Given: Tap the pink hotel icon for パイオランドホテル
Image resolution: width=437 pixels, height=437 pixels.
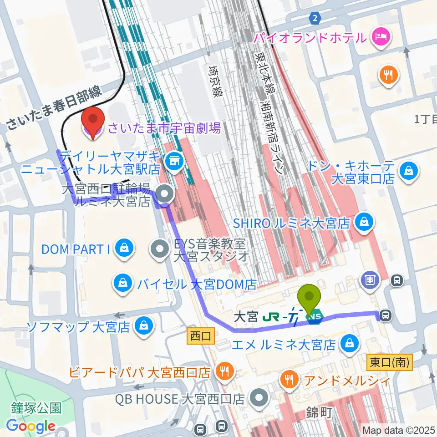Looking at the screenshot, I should click(x=381, y=37).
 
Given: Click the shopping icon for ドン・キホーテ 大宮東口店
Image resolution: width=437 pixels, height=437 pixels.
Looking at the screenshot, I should click(x=408, y=171).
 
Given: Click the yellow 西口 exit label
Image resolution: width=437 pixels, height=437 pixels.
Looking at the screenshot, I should click(x=201, y=337).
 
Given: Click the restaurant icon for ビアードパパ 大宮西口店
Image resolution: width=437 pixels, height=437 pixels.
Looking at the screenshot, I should click(x=224, y=371).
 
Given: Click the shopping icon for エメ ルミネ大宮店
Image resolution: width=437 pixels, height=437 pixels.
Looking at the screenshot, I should click(x=350, y=342).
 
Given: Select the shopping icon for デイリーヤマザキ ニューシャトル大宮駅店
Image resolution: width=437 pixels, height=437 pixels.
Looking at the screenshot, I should click(x=174, y=160).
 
